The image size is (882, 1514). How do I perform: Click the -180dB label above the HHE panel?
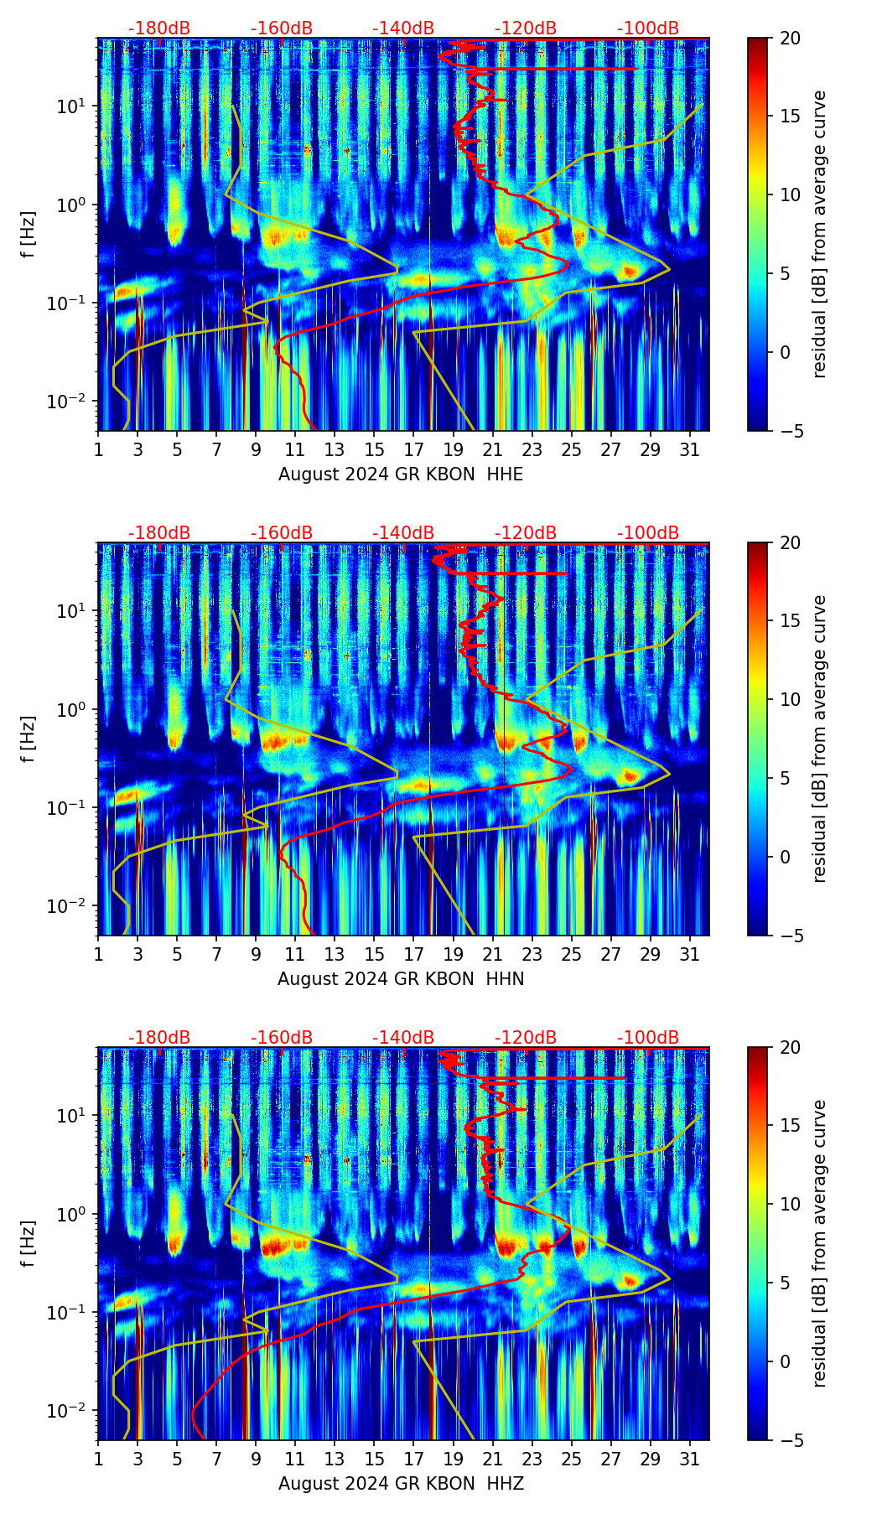click(x=159, y=29)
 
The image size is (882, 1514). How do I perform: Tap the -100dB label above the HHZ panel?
click(x=648, y=1039)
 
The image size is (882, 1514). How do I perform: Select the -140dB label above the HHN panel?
click(x=403, y=534)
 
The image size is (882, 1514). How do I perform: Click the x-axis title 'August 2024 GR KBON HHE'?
click(x=401, y=474)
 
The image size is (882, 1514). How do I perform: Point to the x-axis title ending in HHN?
click(x=401, y=979)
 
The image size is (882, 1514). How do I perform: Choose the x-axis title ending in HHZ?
click(x=401, y=1484)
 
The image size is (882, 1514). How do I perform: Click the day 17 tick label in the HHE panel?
click(x=413, y=450)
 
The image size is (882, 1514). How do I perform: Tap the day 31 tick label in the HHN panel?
click(x=689, y=955)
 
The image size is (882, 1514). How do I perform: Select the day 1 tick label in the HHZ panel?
click(x=99, y=1460)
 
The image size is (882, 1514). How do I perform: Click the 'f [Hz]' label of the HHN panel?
click(x=29, y=739)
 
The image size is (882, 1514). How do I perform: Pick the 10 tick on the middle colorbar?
click(x=790, y=699)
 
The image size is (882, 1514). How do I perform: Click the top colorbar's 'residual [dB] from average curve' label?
click(x=819, y=235)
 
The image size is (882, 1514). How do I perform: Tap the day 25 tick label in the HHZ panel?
click(x=571, y=1460)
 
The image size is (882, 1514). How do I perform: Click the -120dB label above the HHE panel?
click(x=526, y=29)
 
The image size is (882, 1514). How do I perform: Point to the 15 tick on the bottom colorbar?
click(x=790, y=1126)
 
